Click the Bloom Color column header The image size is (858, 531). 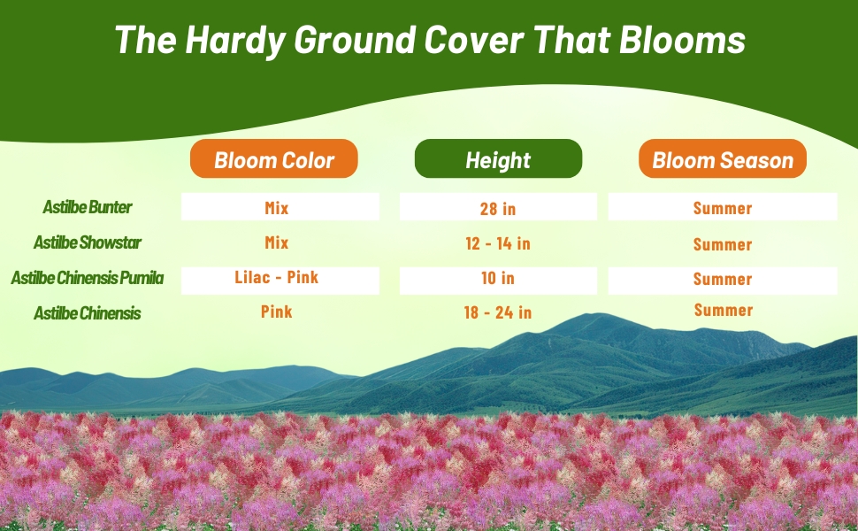(274, 159)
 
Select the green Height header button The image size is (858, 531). (498, 159)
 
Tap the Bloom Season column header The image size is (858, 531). (723, 159)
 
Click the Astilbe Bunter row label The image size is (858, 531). (88, 207)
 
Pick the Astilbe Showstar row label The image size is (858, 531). (88, 242)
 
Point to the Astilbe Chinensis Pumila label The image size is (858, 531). (88, 278)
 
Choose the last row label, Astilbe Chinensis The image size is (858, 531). (88, 313)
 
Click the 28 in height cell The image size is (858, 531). (498, 209)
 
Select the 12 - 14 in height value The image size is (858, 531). (498, 243)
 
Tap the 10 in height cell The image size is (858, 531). (498, 279)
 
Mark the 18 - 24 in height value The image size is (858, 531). (498, 312)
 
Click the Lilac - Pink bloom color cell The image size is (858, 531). (277, 278)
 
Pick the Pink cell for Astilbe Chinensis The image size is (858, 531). (277, 312)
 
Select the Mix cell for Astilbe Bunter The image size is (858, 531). (277, 209)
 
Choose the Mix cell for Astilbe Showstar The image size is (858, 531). (277, 242)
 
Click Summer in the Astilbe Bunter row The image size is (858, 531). (723, 209)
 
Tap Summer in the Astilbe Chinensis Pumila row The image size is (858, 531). (723, 279)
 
